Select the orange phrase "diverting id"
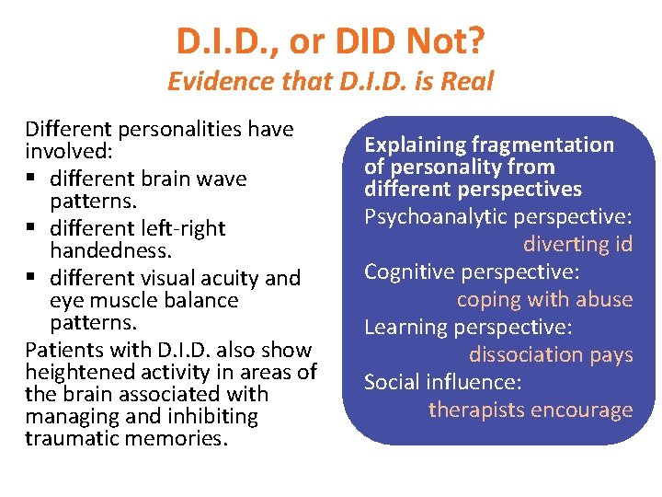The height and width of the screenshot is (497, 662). click(578, 244)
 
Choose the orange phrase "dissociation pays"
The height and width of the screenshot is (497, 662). click(551, 354)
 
